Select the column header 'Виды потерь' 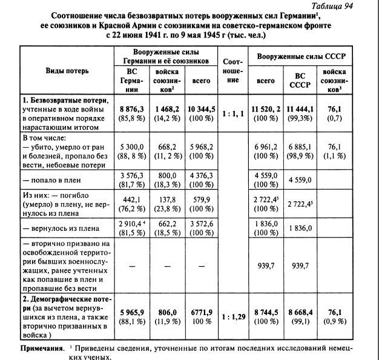click(x=67, y=70)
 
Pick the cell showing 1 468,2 click(x=166, y=108)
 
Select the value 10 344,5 click(x=202, y=108)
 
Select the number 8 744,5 click(x=266, y=313)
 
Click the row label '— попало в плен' click(x=51, y=179)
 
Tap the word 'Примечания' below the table click(x=42, y=350)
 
